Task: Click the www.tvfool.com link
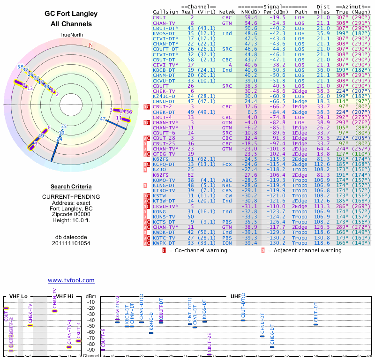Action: pos(71,280)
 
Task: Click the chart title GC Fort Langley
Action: pos(71,14)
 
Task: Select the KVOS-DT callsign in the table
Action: pos(162,34)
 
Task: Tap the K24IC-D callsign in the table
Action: pos(164,96)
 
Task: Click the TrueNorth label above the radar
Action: pos(71,35)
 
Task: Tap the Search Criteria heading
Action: pos(71,187)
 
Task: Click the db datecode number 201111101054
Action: pos(71,243)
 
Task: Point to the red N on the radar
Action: pos(91,45)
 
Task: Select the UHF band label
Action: pos(235,297)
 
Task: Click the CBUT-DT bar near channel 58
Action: pos(316,324)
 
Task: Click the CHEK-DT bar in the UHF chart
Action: pos(272,347)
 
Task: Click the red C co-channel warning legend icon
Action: pos(164,250)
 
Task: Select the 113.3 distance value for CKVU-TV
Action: pos(322,206)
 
